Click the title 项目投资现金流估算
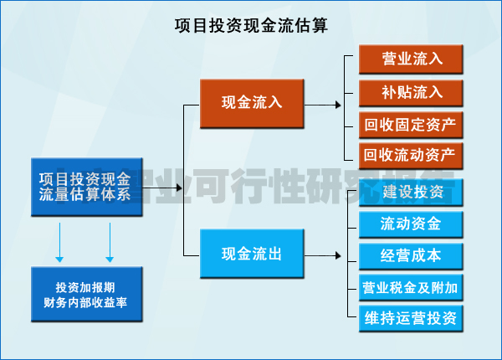(x=251, y=25)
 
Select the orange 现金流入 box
(x=252, y=103)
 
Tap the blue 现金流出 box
(x=252, y=255)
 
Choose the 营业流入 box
(x=412, y=59)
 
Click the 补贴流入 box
(x=412, y=91)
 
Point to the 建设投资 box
(x=412, y=193)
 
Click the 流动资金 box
(x=411, y=224)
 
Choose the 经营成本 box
(x=411, y=255)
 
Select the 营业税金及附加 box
(x=411, y=287)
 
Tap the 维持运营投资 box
(x=411, y=318)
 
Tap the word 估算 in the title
(x=310, y=25)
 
